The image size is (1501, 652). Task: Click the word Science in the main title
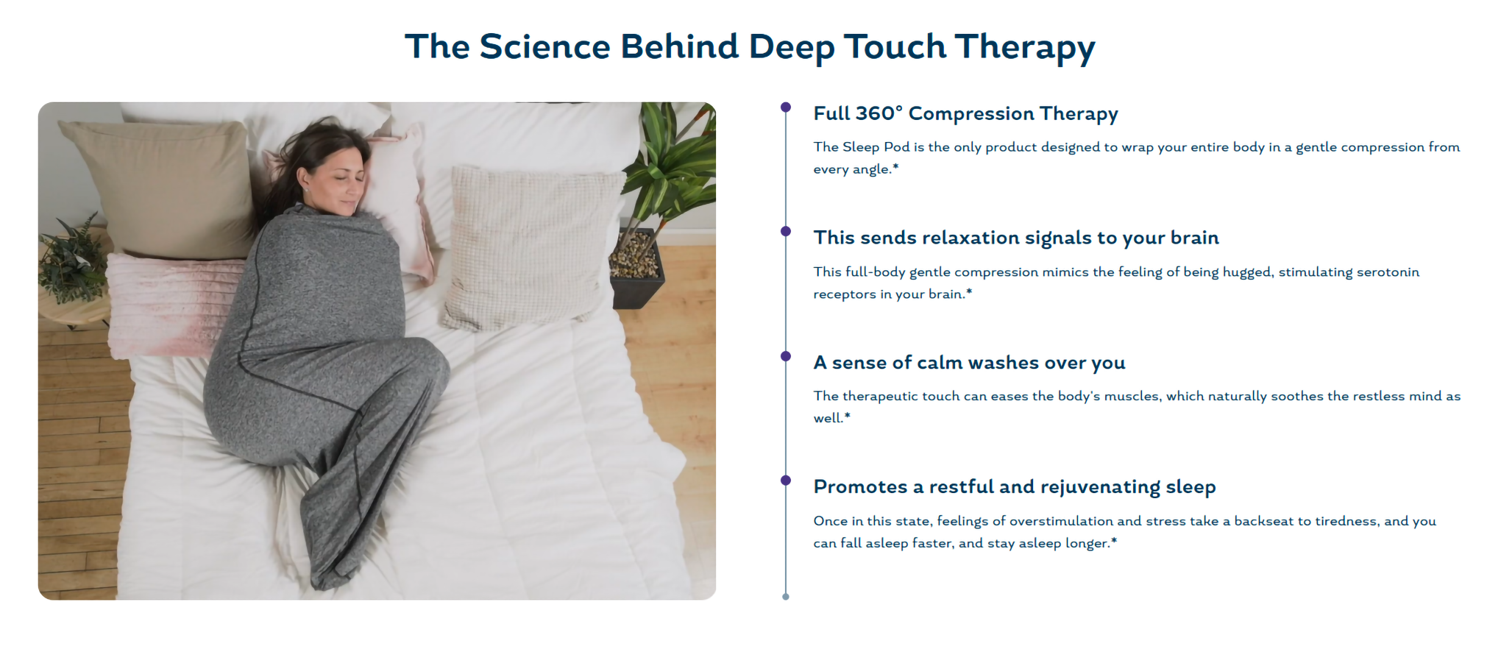544,46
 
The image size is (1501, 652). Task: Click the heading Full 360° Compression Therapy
965,114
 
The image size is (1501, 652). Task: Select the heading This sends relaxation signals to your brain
1016,238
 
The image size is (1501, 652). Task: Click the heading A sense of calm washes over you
969,363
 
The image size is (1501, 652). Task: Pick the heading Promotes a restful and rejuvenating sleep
1015,487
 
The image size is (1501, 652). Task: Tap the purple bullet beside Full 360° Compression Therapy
786,107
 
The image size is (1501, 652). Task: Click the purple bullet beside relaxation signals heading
786,232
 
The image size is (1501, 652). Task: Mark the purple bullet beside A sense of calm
786,356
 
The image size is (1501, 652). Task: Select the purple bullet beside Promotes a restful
786,481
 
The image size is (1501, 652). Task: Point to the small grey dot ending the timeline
786,597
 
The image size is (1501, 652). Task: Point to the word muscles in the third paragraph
1132,397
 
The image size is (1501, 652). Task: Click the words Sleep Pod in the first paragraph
876,147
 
